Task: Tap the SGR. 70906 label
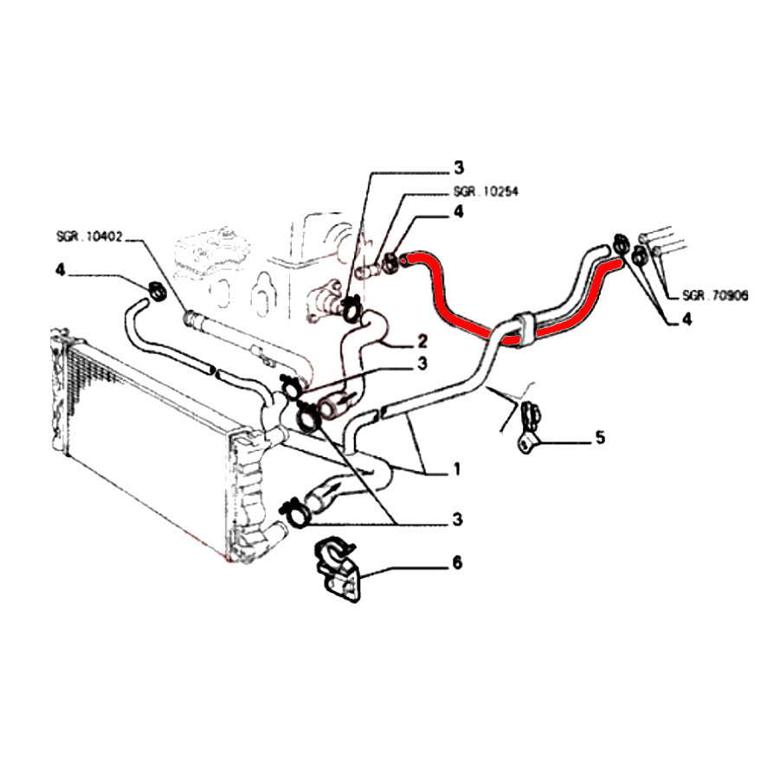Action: click(715, 295)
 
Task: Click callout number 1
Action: click(456, 471)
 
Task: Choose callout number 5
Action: click(599, 438)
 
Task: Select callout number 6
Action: click(457, 563)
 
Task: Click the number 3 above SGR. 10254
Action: click(459, 167)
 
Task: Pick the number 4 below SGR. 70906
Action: click(686, 319)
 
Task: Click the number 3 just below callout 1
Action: click(457, 519)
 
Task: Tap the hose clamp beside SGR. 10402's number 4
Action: click(157, 291)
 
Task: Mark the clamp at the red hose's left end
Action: click(391, 258)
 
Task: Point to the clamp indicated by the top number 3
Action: click(351, 307)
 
